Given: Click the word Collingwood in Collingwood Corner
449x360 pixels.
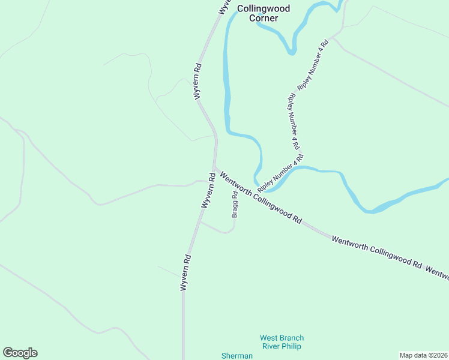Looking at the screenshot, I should (264, 8).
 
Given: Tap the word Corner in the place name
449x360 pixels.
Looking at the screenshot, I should (264, 18).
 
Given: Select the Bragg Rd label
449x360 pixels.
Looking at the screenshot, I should (235, 204).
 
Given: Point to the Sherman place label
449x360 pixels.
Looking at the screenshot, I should (237, 356).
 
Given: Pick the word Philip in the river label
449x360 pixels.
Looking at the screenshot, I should (289, 346).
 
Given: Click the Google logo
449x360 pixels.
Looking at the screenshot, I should (20, 353).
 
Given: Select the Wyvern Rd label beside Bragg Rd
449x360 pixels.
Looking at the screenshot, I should (208, 190).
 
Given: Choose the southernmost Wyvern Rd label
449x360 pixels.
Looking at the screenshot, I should (186, 273).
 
